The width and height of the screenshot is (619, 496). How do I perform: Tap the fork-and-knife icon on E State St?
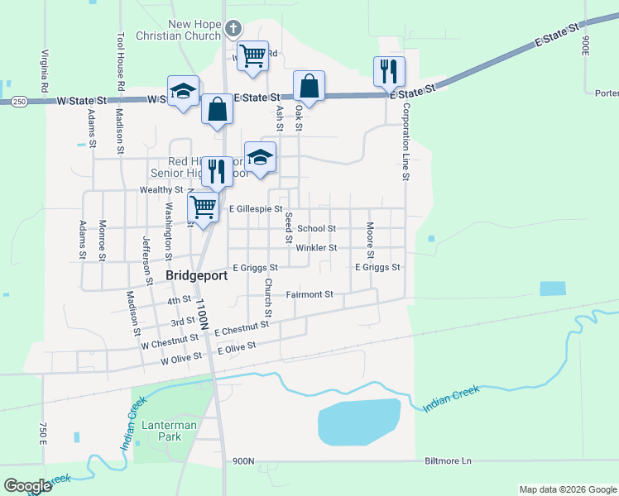(x=388, y=71)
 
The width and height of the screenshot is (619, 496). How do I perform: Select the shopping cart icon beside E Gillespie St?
(x=204, y=207)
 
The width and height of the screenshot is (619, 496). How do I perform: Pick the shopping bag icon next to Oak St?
(x=309, y=86)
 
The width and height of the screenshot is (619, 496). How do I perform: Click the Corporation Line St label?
(x=406, y=141)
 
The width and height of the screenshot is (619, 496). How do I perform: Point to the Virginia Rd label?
(x=42, y=71)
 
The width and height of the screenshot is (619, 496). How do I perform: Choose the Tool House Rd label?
(x=121, y=62)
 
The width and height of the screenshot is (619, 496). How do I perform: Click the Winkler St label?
(x=316, y=247)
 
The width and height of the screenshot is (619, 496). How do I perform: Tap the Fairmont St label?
(x=309, y=294)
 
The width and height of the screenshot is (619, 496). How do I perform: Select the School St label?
(x=316, y=228)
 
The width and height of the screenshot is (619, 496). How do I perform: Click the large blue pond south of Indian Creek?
(x=358, y=422)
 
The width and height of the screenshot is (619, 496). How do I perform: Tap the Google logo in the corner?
(x=27, y=486)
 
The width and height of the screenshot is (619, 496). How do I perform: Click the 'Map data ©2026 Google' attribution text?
(x=567, y=489)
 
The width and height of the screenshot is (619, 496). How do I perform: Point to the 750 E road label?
(x=42, y=432)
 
